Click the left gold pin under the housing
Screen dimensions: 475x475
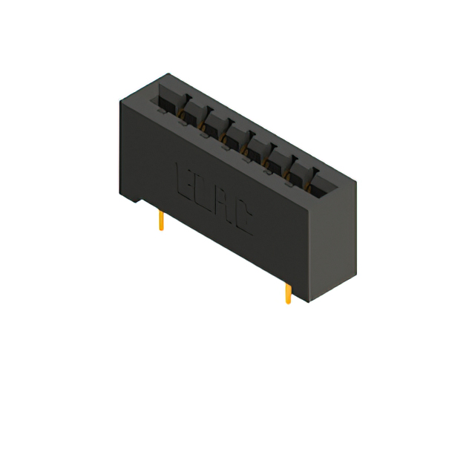point(161,221)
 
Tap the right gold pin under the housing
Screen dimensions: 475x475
point(287,294)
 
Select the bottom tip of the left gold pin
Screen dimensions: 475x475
point(161,229)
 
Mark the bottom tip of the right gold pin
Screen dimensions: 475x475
point(287,303)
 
